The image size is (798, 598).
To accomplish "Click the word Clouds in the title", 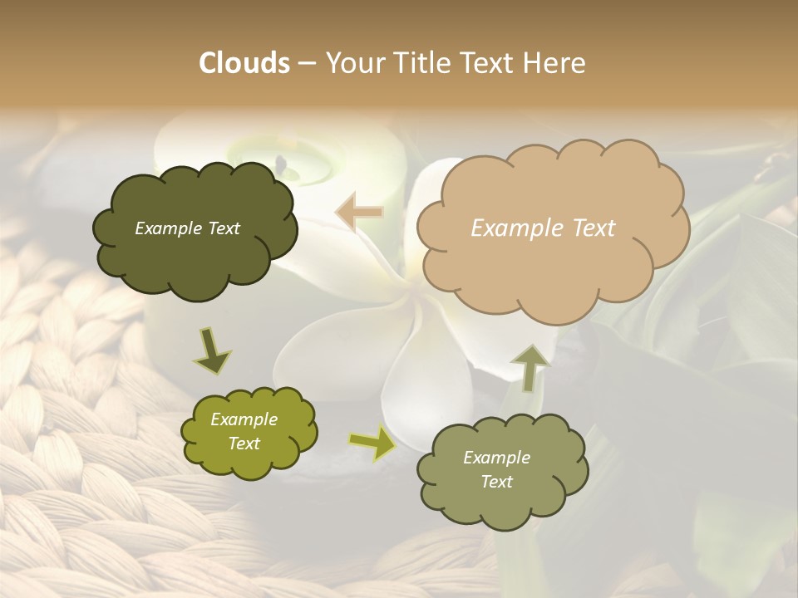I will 244,63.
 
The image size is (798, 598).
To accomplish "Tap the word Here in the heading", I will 555,63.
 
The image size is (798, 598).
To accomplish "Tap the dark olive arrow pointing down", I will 213,350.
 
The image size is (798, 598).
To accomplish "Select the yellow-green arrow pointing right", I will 372,444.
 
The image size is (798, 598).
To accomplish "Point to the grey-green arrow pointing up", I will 530,366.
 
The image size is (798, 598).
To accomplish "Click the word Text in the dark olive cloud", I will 222,228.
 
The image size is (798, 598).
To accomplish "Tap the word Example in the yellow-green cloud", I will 244,419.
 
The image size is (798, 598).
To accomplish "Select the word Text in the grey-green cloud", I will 496,482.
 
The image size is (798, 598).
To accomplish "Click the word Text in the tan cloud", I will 594,228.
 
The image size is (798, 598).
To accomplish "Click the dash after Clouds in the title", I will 306,64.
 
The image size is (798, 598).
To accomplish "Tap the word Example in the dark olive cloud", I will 167,228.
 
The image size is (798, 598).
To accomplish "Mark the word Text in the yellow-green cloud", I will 244,444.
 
